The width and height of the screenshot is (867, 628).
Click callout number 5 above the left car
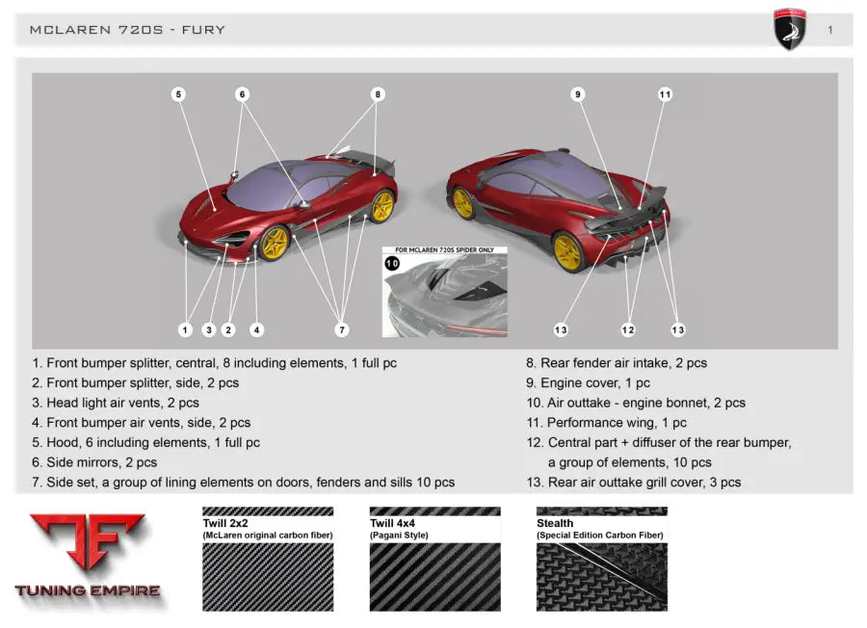[x=178, y=94]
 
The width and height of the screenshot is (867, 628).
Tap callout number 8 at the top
[x=378, y=94]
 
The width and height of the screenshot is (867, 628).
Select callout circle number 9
[x=578, y=94]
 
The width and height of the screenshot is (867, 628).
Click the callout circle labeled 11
[x=665, y=94]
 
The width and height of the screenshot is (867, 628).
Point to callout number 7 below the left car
[x=342, y=330]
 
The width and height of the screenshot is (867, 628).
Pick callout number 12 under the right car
[x=627, y=330]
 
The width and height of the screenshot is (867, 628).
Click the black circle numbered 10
[x=392, y=263]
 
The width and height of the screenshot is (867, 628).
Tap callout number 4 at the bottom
[x=256, y=330]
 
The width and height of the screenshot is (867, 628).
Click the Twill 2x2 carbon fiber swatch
[x=268, y=559]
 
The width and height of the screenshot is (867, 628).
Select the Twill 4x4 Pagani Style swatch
[x=435, y=559]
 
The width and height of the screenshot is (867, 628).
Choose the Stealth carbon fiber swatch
[x=601, y=559]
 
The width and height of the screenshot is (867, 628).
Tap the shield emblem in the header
[x=790, y=29]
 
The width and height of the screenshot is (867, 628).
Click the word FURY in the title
[x=203, y=30]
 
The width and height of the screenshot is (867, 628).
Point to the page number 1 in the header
[x=830, y=30]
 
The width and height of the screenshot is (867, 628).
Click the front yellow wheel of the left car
[x=274, y=244]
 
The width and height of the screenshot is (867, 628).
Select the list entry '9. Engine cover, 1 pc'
[x=588, y=382]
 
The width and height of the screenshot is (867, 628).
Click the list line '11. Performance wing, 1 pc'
[x=606, y=422]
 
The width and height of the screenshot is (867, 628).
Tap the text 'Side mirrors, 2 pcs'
[x=102, y=462]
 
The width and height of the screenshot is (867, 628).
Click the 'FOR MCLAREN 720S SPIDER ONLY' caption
[x=444, y=249]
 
